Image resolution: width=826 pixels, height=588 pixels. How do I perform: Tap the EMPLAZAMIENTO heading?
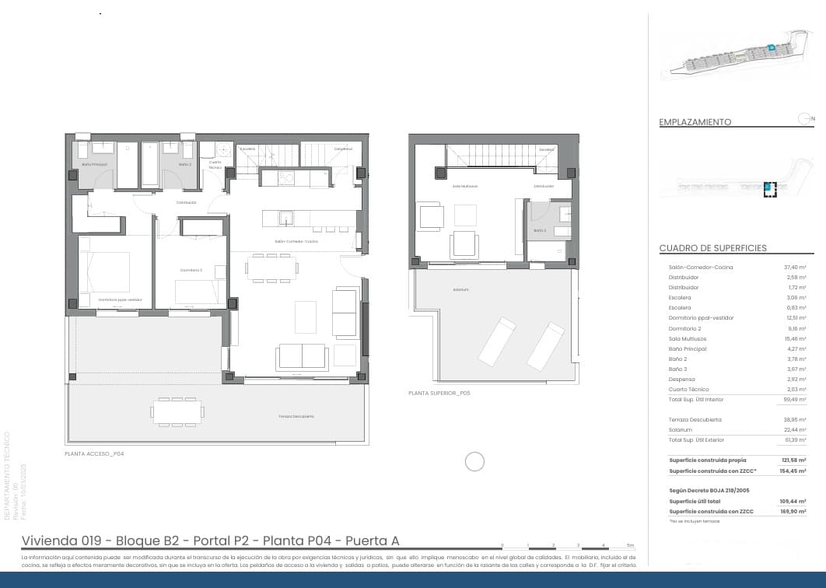pyautogui.click(x=695, y=122)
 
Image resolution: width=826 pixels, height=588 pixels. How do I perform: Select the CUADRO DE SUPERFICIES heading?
pyautogui.click(x=712, y=248)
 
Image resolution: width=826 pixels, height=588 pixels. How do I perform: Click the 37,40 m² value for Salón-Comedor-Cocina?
pyautogui.click(x=794, y=268)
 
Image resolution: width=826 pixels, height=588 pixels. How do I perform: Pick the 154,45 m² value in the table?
pyautogui.click(x=793, y=471)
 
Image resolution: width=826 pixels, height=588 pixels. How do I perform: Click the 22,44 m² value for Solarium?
pyautogui.click(x=794, y=429)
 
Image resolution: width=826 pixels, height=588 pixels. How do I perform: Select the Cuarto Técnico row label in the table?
pyautogui.click(x=688, y=389)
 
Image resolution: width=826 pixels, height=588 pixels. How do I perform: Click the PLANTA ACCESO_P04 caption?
pyautogui.click(x=94, y=453)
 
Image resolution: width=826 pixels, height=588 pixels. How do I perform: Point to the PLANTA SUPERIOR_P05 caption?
pyautogui.click(x=439, y=394)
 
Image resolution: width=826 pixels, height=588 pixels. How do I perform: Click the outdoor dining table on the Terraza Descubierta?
pyautogui.click(x=177, y=411)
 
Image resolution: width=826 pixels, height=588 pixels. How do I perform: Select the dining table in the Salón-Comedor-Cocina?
pyautogui.click(x=271, y=268)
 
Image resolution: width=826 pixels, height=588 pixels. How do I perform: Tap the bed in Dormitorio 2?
pyautogui.click(x=200, y=292)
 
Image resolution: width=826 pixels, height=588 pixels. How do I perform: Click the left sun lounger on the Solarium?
pyautogui.click(x=496, y=340)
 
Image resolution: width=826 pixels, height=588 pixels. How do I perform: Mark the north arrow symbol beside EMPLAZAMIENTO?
pyautogui.click(x=805, y=118)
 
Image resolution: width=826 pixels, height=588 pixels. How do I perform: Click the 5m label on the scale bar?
pyautogui.click(x=630, y=545)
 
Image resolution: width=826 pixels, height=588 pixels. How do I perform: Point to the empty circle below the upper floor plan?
pyautogui.click(x=474, y=462)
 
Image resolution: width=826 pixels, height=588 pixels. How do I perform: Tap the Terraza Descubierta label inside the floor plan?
pyautogui.click(x=296, y=416)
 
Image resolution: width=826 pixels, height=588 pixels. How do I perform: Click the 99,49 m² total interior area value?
pyautogui.click(x=793, y=399)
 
